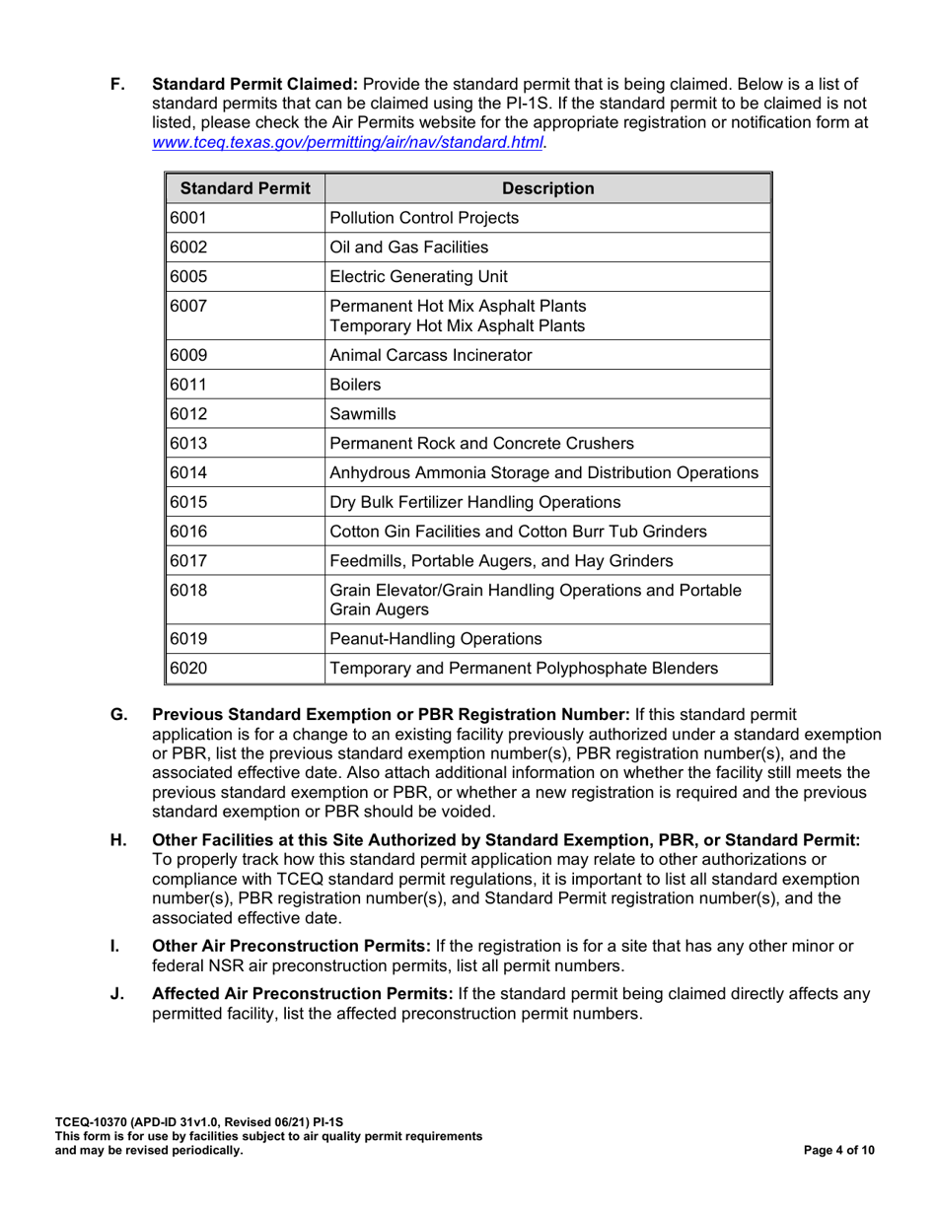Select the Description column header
pos(548,188)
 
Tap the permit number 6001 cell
pos(187,218)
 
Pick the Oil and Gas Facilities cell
pos(409,248)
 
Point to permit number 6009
pos(187,355)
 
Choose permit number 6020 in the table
pos(187,668)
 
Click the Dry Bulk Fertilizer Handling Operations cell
pos(474,501)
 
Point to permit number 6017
pos(187,560)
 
